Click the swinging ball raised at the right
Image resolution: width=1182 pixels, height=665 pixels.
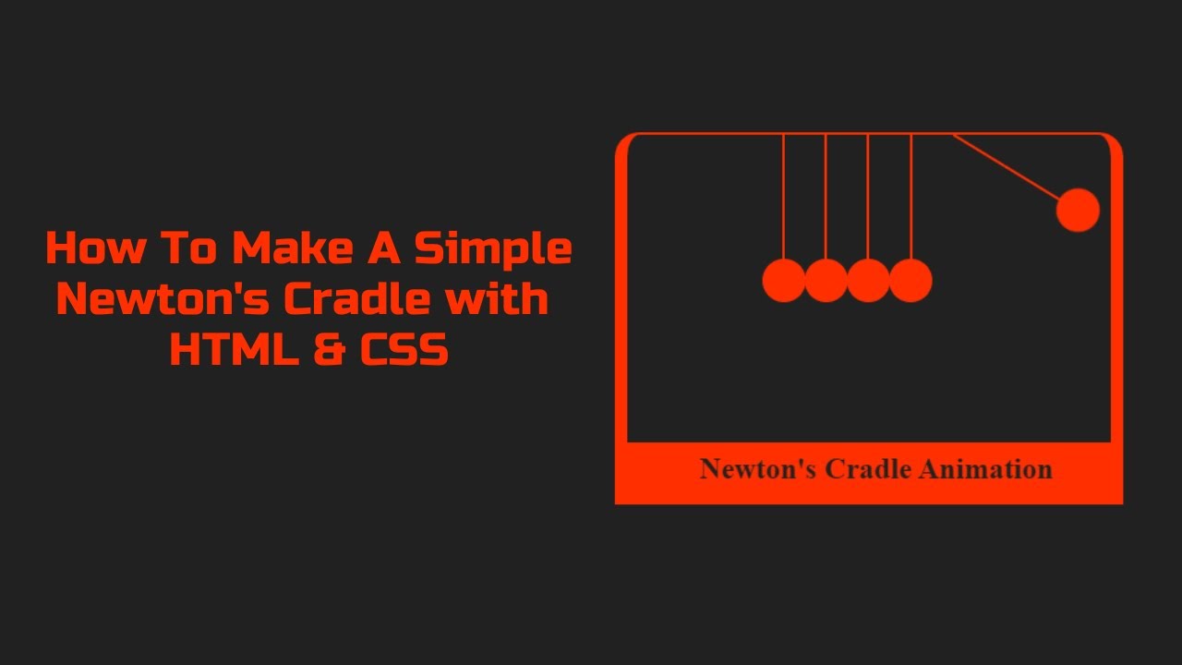point(1078,211)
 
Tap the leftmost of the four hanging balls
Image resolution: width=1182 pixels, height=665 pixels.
point(784,280)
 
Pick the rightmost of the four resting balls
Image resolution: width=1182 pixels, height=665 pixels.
point(911,280)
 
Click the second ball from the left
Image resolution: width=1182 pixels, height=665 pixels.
point(826,280)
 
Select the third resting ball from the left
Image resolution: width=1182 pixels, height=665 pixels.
point(868,280)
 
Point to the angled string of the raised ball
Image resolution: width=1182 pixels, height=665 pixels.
point(1007,167)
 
